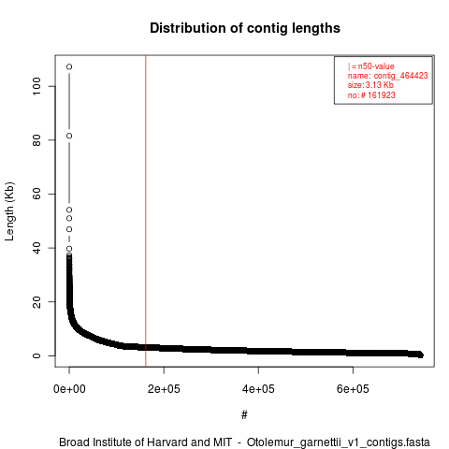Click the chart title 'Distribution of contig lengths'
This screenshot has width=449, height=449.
(x=245, y=28)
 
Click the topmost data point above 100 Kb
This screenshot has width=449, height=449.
(x=69, y=66)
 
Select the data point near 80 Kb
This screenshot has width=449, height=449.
(x=69, y=136)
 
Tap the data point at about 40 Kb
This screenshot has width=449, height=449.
(x=69, y=249)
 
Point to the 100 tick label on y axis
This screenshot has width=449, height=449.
(x=36, y=86)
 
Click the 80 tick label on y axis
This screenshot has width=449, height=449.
(x=36, y=140)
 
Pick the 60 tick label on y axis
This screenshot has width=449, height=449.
(x=36, y=194)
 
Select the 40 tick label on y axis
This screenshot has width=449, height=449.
(x=36, y=248)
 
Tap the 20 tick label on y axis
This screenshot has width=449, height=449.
(x=36, y=302)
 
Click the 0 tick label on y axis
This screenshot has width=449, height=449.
(x=36, y=355)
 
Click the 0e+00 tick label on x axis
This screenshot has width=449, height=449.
(x=69, y=389)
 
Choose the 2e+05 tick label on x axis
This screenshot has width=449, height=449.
(x=164, y=389)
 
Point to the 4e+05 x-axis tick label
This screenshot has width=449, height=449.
(x=258, y=389)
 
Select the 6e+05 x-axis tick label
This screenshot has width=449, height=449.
(x=353, y=389)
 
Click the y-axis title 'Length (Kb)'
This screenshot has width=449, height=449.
(x=9, y=211)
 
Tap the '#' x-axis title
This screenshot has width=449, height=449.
(x=244, y=414)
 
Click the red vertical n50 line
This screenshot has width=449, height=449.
(x=146, y=211)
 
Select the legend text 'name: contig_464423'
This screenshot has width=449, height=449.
(x=388, y=76)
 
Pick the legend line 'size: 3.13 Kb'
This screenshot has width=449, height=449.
(x=370, y=85)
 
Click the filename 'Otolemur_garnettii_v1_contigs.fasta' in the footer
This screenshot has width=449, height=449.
(x=339, y=442)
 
